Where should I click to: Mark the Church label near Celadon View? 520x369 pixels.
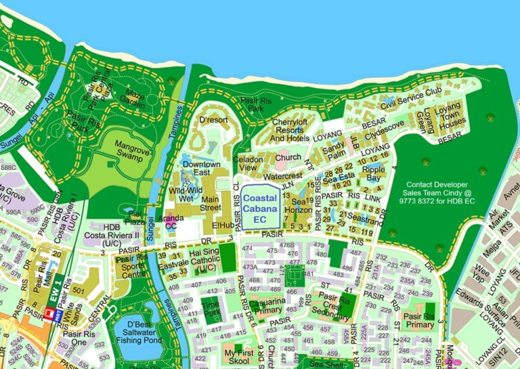(288, 158)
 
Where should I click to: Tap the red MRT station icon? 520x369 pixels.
(49, 313)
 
